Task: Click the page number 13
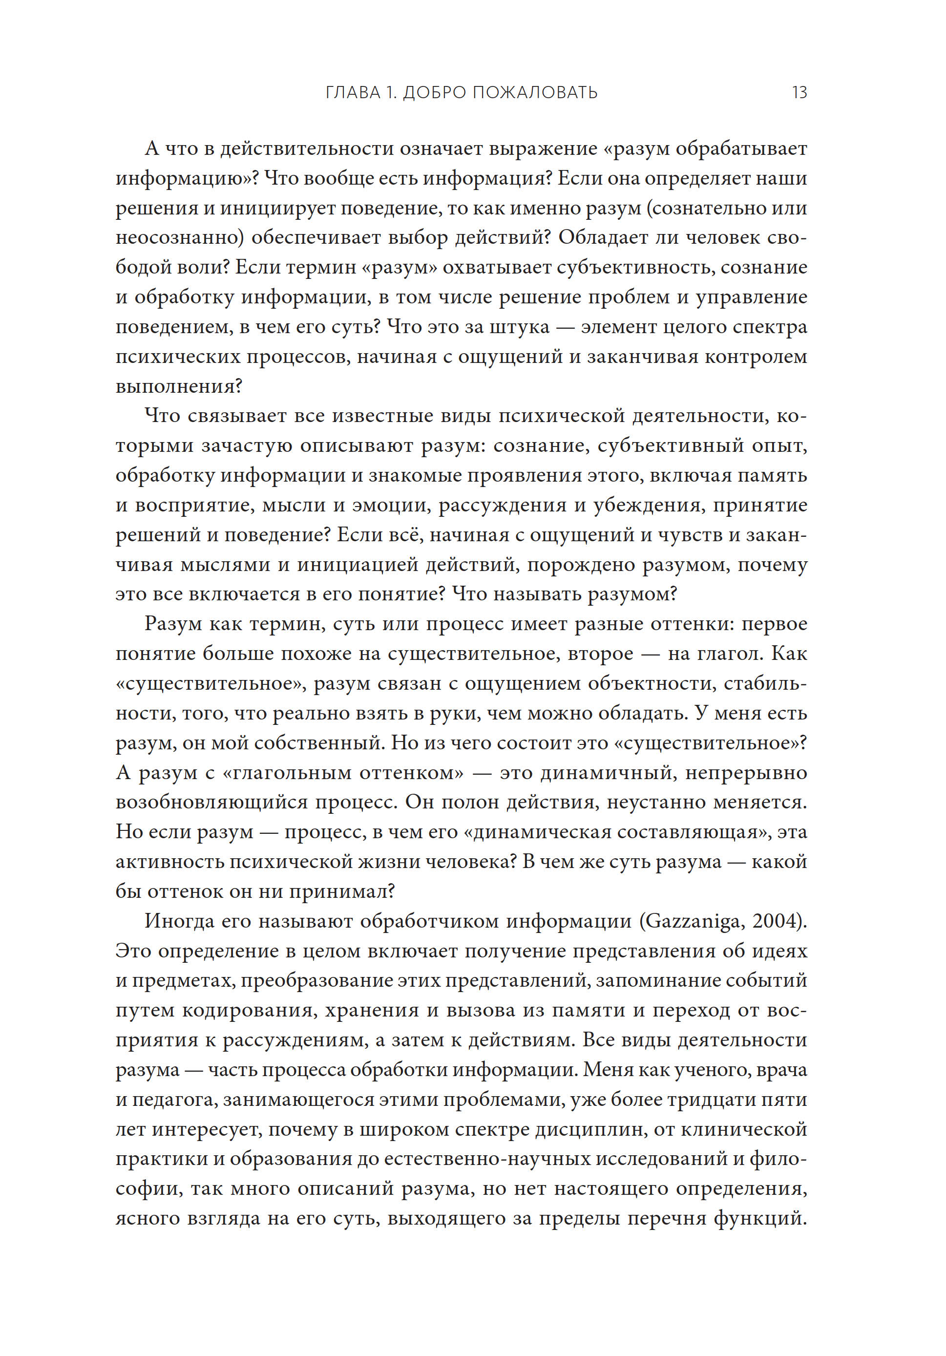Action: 799,93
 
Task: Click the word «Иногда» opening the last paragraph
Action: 180,921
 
